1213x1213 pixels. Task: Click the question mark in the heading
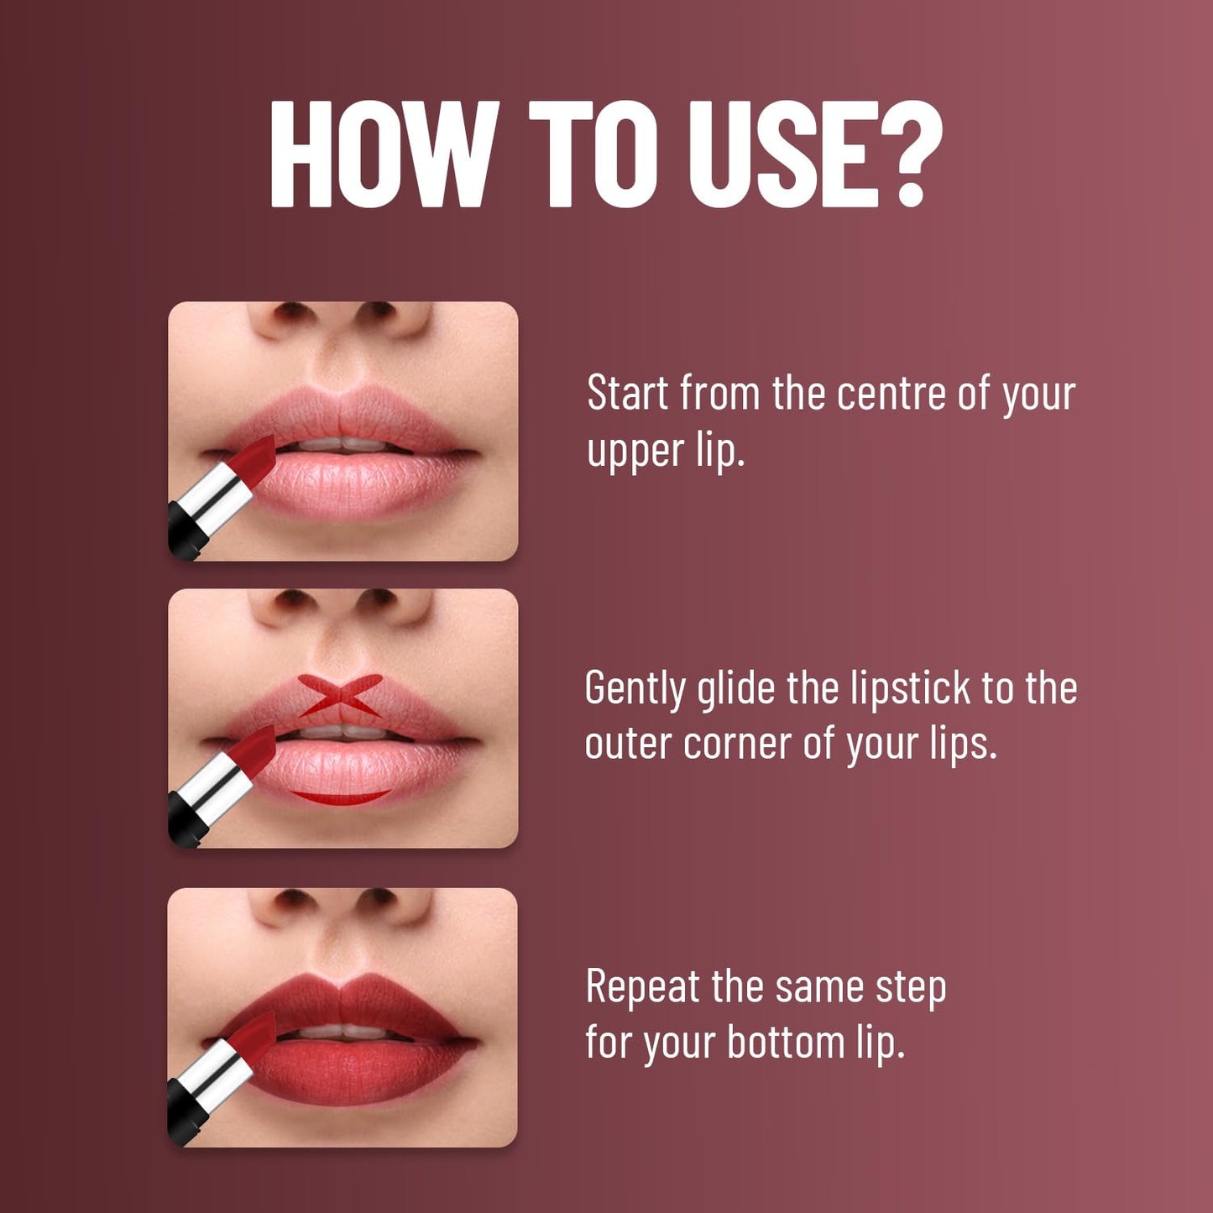point(909,154)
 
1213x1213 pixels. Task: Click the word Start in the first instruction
point(628,393)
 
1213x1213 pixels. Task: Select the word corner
point(737,744)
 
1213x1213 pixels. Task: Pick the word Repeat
point(642,986)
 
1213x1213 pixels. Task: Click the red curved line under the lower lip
point(340,797)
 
